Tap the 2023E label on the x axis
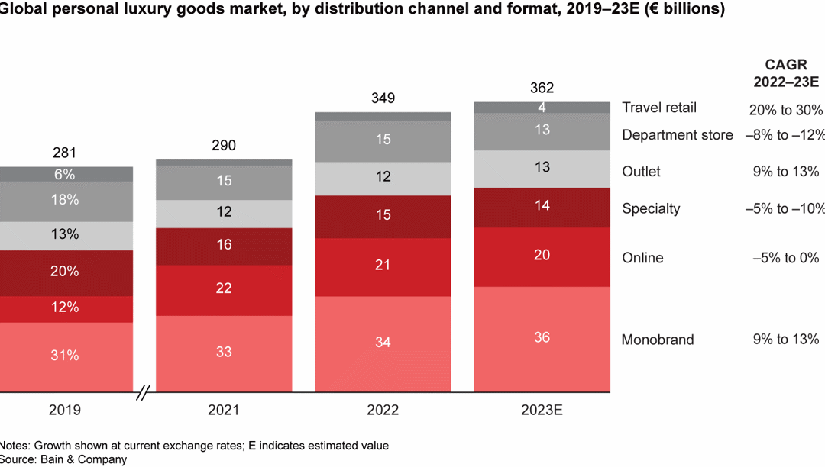542,410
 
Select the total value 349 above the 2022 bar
383,98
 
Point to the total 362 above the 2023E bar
542,88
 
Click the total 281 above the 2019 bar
64,153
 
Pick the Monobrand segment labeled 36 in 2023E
542,337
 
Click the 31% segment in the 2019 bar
64,355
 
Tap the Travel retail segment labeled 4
542,108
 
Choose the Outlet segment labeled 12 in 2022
383,176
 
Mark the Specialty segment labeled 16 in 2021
224,244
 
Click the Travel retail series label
659,108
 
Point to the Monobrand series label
657,340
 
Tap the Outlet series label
641,172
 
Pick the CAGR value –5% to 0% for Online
785,258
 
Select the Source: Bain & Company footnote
63,459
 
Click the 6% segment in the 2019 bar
64,174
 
